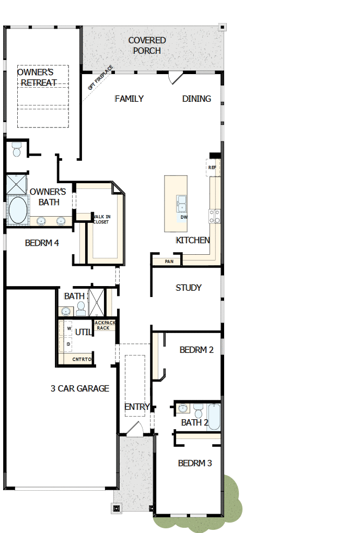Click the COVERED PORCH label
click(147, 45)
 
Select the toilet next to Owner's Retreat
click(16, 150)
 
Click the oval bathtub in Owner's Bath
click(18, 210)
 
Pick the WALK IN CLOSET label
click(101, 219)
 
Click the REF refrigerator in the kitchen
click(212, 168)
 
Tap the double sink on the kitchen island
click(182, 203)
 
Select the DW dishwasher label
click(183, 217)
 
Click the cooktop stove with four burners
click(215, 216)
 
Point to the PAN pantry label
click(169, 261)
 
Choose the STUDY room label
click(189, 288)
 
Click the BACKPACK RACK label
click(103, 325)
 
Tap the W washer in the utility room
click(68, 328)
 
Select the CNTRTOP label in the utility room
click(82, 359)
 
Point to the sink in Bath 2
click(183, 408)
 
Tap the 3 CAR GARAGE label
click(80, 388)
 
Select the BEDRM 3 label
click(195, 463)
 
